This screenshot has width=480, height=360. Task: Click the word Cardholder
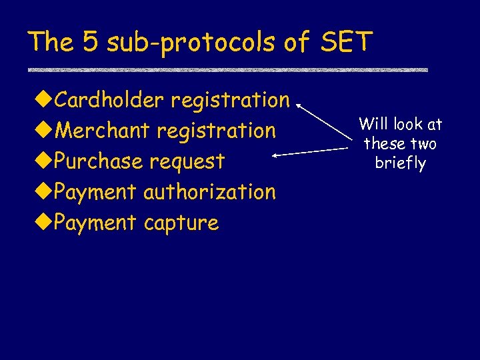(109, 100)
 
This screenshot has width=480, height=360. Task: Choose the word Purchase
(99, 161)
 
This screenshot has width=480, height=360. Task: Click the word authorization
(209, 192)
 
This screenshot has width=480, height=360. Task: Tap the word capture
(181, 223)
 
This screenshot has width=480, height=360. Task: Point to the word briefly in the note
(400, 164)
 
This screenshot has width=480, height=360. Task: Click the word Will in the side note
(372, 124)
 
